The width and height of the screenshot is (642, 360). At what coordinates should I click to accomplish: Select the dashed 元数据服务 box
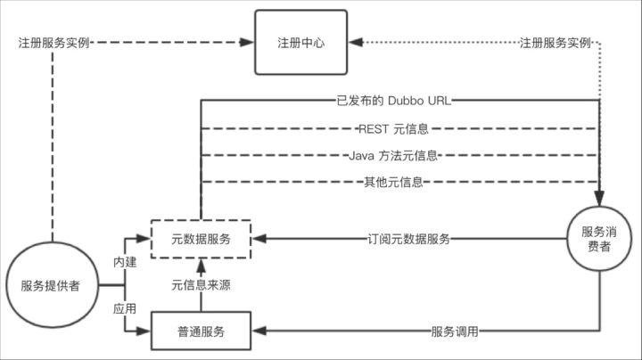coord(201,239)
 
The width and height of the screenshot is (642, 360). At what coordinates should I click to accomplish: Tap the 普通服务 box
coord(201,332)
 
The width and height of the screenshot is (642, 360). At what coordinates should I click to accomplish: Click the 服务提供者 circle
coord(51,286)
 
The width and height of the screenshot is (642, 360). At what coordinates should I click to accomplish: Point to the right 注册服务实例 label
coord(555,42)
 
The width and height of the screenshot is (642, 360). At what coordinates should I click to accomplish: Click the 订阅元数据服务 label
coord(408,239)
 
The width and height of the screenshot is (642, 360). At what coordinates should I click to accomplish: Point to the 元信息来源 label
coord(202,285)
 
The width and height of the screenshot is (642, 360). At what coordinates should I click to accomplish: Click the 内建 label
coord(125,262)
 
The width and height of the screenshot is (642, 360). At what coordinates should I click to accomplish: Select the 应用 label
coord(125,309)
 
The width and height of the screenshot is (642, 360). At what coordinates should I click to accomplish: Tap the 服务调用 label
coord(455,332)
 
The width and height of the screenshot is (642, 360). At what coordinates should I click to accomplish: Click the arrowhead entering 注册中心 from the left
coord(249,42)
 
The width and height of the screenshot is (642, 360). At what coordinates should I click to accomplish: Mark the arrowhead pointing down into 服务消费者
coord(598,200)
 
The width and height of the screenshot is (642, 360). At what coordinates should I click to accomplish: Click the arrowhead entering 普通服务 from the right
coord(259,332)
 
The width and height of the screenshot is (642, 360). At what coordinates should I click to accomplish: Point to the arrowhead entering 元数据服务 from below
coord(202,264)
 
